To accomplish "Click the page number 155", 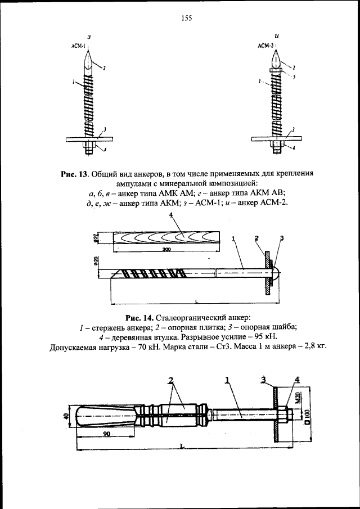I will click(x=187, y=18).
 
